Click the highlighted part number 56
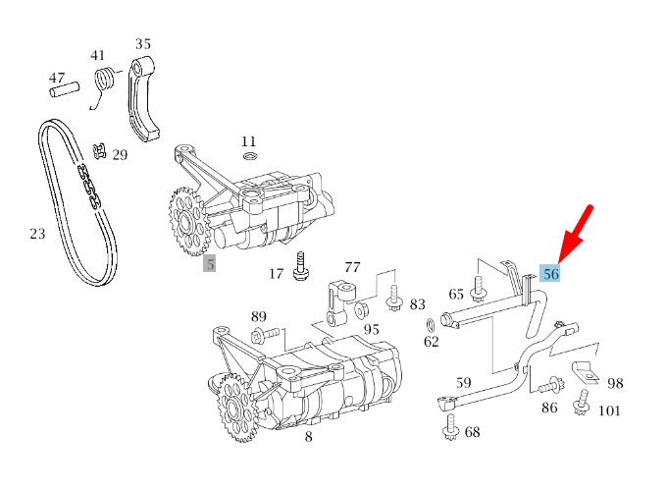coord(551,274)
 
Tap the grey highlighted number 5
coord(210,263)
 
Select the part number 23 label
coord(37,234)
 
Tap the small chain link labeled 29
coord(97,151)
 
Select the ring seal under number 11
coord(249,157)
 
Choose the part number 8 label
coord(308,437)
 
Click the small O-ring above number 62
coord(431,325)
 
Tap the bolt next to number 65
coord(479,290)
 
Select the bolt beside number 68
coord(451,427)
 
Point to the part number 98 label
coord(615,383)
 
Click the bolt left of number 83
coord(394,298)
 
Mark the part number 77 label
coord(352,266)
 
